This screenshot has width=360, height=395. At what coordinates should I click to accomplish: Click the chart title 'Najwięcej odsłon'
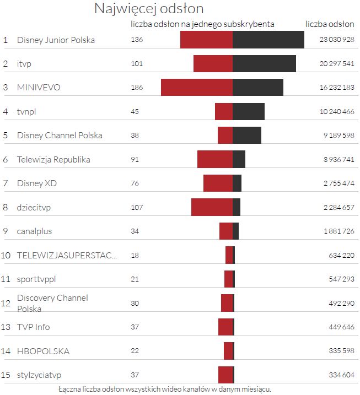[x=149, y=9]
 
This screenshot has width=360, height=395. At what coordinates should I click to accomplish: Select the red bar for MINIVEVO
[x=197, y=88]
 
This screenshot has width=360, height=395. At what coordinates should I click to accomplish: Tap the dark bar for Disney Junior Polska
[x=268, y=40]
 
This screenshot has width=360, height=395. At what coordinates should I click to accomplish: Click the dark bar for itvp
[x=264, y=63]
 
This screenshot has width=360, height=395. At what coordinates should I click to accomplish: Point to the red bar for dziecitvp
[x=212, y=207]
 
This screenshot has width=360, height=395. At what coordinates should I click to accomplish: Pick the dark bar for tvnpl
[x=249, y=111]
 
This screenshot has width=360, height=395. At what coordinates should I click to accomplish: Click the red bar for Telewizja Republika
[x=215, y=159]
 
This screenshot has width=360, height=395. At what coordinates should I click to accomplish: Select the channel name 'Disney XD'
[x=37, y=183]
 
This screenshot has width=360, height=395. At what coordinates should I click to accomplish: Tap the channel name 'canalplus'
[x=34, y=231]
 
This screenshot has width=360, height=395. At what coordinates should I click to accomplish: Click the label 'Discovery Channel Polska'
[x=52, y=303]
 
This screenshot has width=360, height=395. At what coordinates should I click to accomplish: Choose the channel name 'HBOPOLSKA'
[x=43, y=351]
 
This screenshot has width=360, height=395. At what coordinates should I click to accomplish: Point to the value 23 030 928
[x=336, y=40]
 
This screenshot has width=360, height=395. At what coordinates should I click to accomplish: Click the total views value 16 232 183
[x=336, y=88]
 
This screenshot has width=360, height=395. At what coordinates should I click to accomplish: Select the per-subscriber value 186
[x=137, y=88]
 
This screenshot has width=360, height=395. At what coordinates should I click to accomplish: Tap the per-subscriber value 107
[x=137, y=207]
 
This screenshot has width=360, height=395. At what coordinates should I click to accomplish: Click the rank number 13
[x=6, y=327]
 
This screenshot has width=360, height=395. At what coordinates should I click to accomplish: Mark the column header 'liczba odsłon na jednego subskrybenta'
[x=202, y=24]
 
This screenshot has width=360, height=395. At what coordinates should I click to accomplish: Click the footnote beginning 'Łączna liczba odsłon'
[x=164, y=389]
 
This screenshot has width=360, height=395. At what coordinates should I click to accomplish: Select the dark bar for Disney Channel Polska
[x=247, y=136]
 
